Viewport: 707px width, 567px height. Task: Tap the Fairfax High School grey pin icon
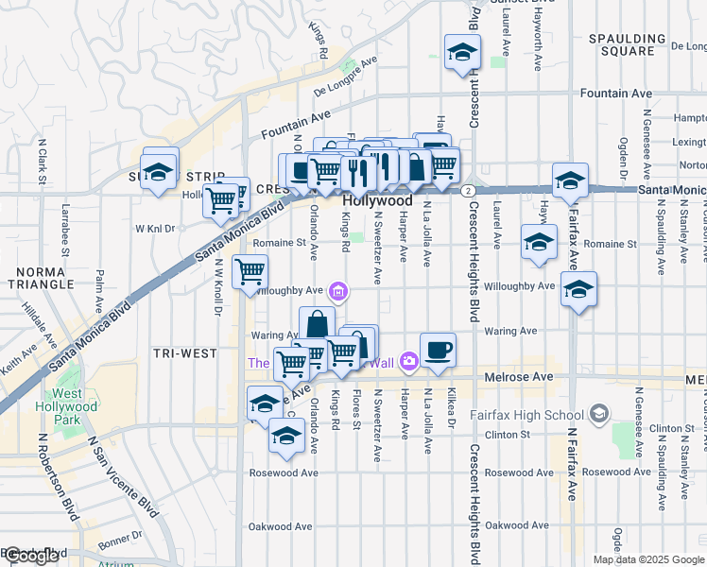tap(598, 414)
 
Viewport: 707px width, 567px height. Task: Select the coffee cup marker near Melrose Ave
tap(438, 350)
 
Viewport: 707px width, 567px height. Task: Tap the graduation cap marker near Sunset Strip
tap(160, 171)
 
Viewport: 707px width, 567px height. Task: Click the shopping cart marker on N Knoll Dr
tap(250, 272)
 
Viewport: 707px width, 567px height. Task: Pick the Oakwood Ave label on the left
tap(280, 526)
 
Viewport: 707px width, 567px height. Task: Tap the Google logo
tap(32, 556)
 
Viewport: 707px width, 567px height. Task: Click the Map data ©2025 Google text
tap(648, 559)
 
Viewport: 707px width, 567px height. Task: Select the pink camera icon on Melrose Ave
tap(408, 360)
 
